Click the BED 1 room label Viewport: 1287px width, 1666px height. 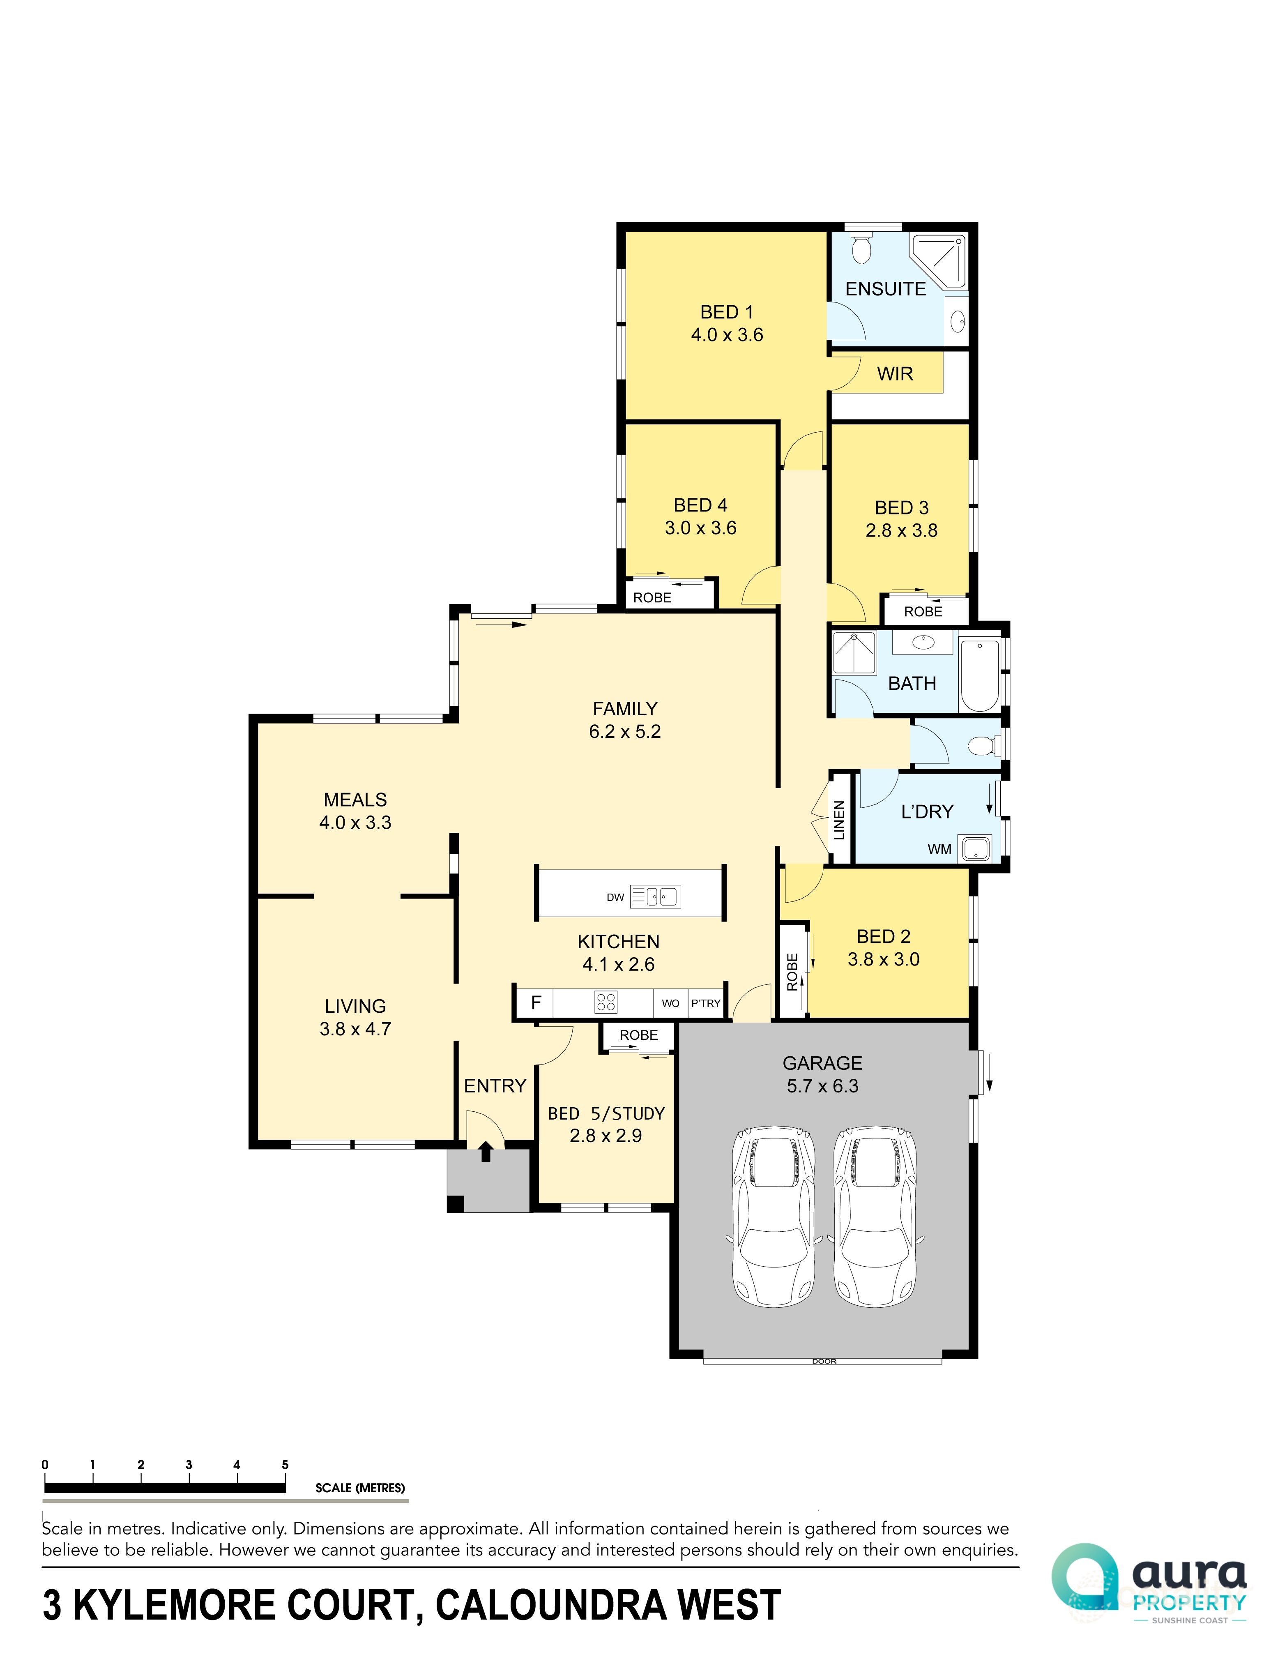(x=726, y=312)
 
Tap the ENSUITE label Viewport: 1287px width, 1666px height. (x=885, y=289)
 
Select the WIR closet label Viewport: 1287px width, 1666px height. (x=894, y=374)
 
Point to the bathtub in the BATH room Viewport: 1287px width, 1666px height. (x=980, y=675)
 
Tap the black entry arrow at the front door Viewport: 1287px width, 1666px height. (x=485, y=1150)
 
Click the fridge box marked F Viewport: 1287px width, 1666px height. (x=536, y=1002)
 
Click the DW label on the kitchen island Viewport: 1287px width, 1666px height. (x=615, y=897)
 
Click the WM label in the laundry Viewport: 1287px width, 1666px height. (x=939, y=849)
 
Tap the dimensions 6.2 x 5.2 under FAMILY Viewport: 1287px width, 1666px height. (x=624, y=732)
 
